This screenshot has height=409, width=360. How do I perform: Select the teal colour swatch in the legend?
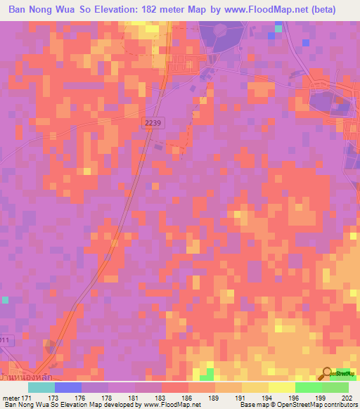point(41,387)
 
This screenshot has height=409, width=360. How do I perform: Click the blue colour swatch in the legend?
point(68,387)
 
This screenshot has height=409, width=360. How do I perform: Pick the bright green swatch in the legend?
point(309,387)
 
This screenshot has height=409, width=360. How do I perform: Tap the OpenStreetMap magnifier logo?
point(328,373)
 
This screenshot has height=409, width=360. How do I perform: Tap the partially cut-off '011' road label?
point(6,341)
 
